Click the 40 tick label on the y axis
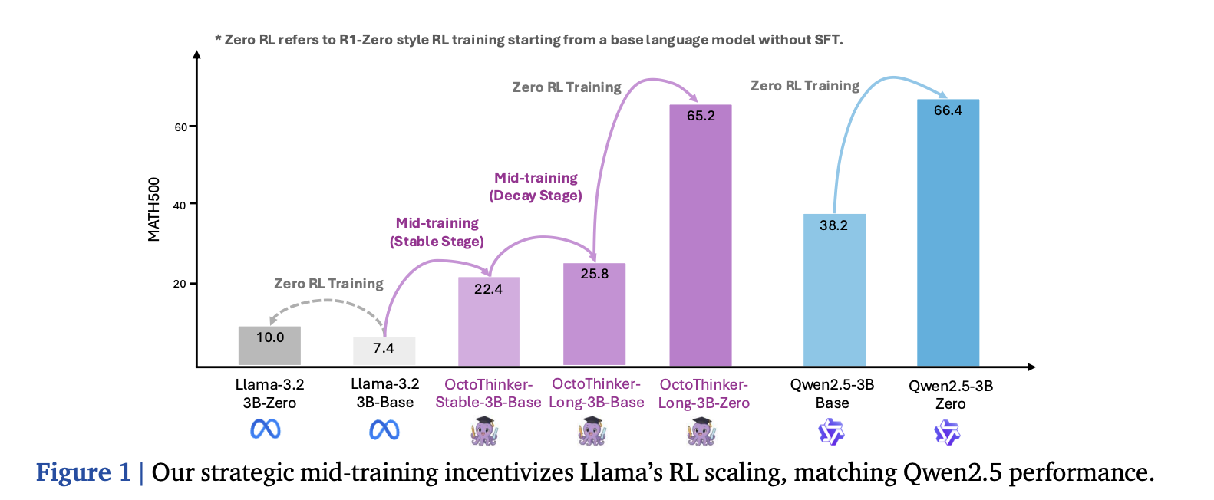coord(180,206)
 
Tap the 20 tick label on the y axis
coord(180,284)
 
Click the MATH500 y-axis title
coord(154,209)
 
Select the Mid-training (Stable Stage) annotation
coord(437,232)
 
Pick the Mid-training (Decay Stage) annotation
coord(536,186)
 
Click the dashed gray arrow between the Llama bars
coord(328,301)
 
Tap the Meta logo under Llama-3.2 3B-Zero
coord(266,429)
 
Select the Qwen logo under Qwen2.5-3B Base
coord(830,433)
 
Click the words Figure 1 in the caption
coord(84,472)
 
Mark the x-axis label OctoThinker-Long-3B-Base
coord(596,393)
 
